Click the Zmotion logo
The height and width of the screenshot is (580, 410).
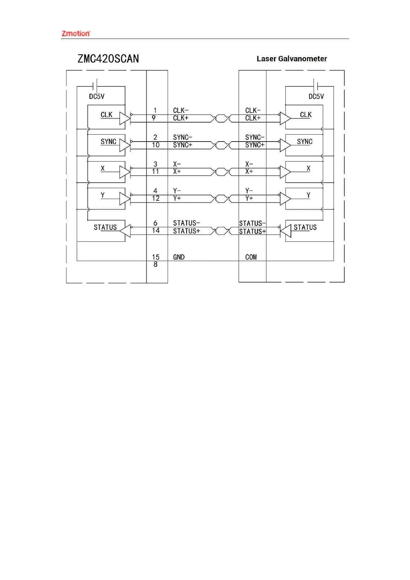pos(76,33)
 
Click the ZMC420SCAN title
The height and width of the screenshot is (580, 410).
pos(108,59)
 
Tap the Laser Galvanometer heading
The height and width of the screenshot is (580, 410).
pos(292,59)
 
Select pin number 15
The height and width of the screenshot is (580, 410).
pos(156,257)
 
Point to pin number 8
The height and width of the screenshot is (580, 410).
pos(155,265)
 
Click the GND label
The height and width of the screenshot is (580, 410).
pos(179,257)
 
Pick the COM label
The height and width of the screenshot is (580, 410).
pos(251,257)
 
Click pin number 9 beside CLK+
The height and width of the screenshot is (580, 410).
pos(154,118)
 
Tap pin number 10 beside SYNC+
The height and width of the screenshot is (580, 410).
pos(156,145)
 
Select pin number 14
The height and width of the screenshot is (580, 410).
pos(156,231)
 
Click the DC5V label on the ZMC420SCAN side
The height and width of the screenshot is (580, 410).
pos(96,96)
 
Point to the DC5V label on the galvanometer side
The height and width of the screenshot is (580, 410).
pos(316,96)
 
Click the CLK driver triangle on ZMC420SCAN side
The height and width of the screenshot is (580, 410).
pos(125,118)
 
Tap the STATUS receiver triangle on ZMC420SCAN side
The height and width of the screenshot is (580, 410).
pos(125,231)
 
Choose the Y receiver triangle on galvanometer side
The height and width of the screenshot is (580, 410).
pos(285,199)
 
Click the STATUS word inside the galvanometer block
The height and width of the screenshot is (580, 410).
pos(305,227)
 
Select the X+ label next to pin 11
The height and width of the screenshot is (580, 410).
pos(177,172)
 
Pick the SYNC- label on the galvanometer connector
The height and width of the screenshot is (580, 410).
pos(254,137)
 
